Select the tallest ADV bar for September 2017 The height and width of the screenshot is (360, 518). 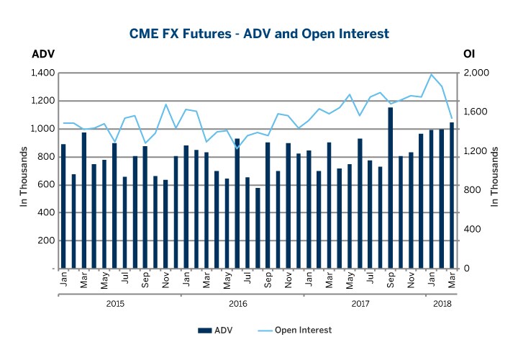pos(391,187)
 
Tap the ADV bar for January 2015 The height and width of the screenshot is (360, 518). pos(63,206)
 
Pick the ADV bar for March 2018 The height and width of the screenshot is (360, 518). pos(452,195)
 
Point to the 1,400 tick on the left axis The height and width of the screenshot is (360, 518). pos(42,73)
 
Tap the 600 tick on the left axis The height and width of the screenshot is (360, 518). pos(46,184)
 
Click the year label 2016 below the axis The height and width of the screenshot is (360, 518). pos(237,304)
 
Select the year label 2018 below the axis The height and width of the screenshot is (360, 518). pos(442,304)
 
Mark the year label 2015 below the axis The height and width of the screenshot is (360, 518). pos(114,304)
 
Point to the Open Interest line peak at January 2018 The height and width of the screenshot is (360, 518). pos(432,74)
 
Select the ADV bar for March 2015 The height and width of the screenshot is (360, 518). pos(83,200)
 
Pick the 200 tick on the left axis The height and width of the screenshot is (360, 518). pos(46,240)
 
